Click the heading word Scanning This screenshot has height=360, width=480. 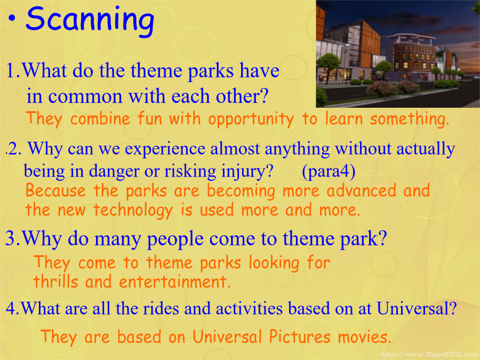click(x=90, y=20)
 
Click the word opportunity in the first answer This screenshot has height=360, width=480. click(x=251, y=119)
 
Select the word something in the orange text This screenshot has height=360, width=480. click(x=409, y=119)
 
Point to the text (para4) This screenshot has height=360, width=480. click(x=329, y=171)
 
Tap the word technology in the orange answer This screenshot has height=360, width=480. click(x=133, y=210)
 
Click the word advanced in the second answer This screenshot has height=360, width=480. click(x=361, y=190)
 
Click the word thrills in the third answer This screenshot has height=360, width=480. click(x=55, y=281)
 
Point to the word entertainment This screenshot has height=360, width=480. click(x=174, y=282)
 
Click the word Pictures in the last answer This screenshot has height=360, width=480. click(x=300, y=337)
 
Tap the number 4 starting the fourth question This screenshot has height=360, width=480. click(x=10, y=309)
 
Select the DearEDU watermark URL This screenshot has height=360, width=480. click(x=429, y=354)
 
